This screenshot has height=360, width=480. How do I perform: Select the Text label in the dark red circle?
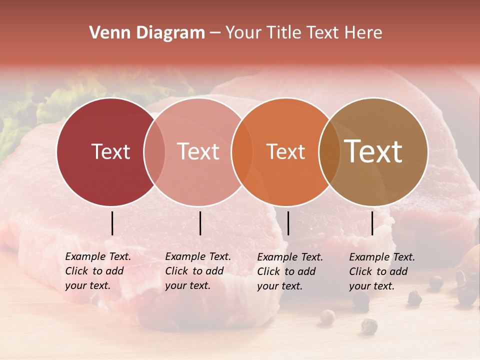(110, 151)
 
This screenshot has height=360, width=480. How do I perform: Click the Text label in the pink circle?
(198, 151)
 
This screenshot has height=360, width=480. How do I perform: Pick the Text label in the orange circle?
(285, 151)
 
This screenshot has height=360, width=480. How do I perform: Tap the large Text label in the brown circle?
(373, 151)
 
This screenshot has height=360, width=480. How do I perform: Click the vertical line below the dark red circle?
(112, 223)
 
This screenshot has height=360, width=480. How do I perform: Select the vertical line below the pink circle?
(200, 223)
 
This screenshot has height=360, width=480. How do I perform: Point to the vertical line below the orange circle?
(288, 223)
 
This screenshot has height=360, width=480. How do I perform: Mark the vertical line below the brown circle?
(372, 223)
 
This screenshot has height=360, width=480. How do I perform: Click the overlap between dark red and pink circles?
(154, 152)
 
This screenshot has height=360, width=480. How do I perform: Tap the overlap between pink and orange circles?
(242, 152)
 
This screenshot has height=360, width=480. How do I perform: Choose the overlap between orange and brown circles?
(329, 152)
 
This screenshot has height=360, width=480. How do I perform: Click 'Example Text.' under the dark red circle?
(98, 257)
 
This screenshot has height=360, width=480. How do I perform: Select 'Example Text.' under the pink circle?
(198, 257)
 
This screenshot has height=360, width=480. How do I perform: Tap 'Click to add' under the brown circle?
(378, 271)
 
